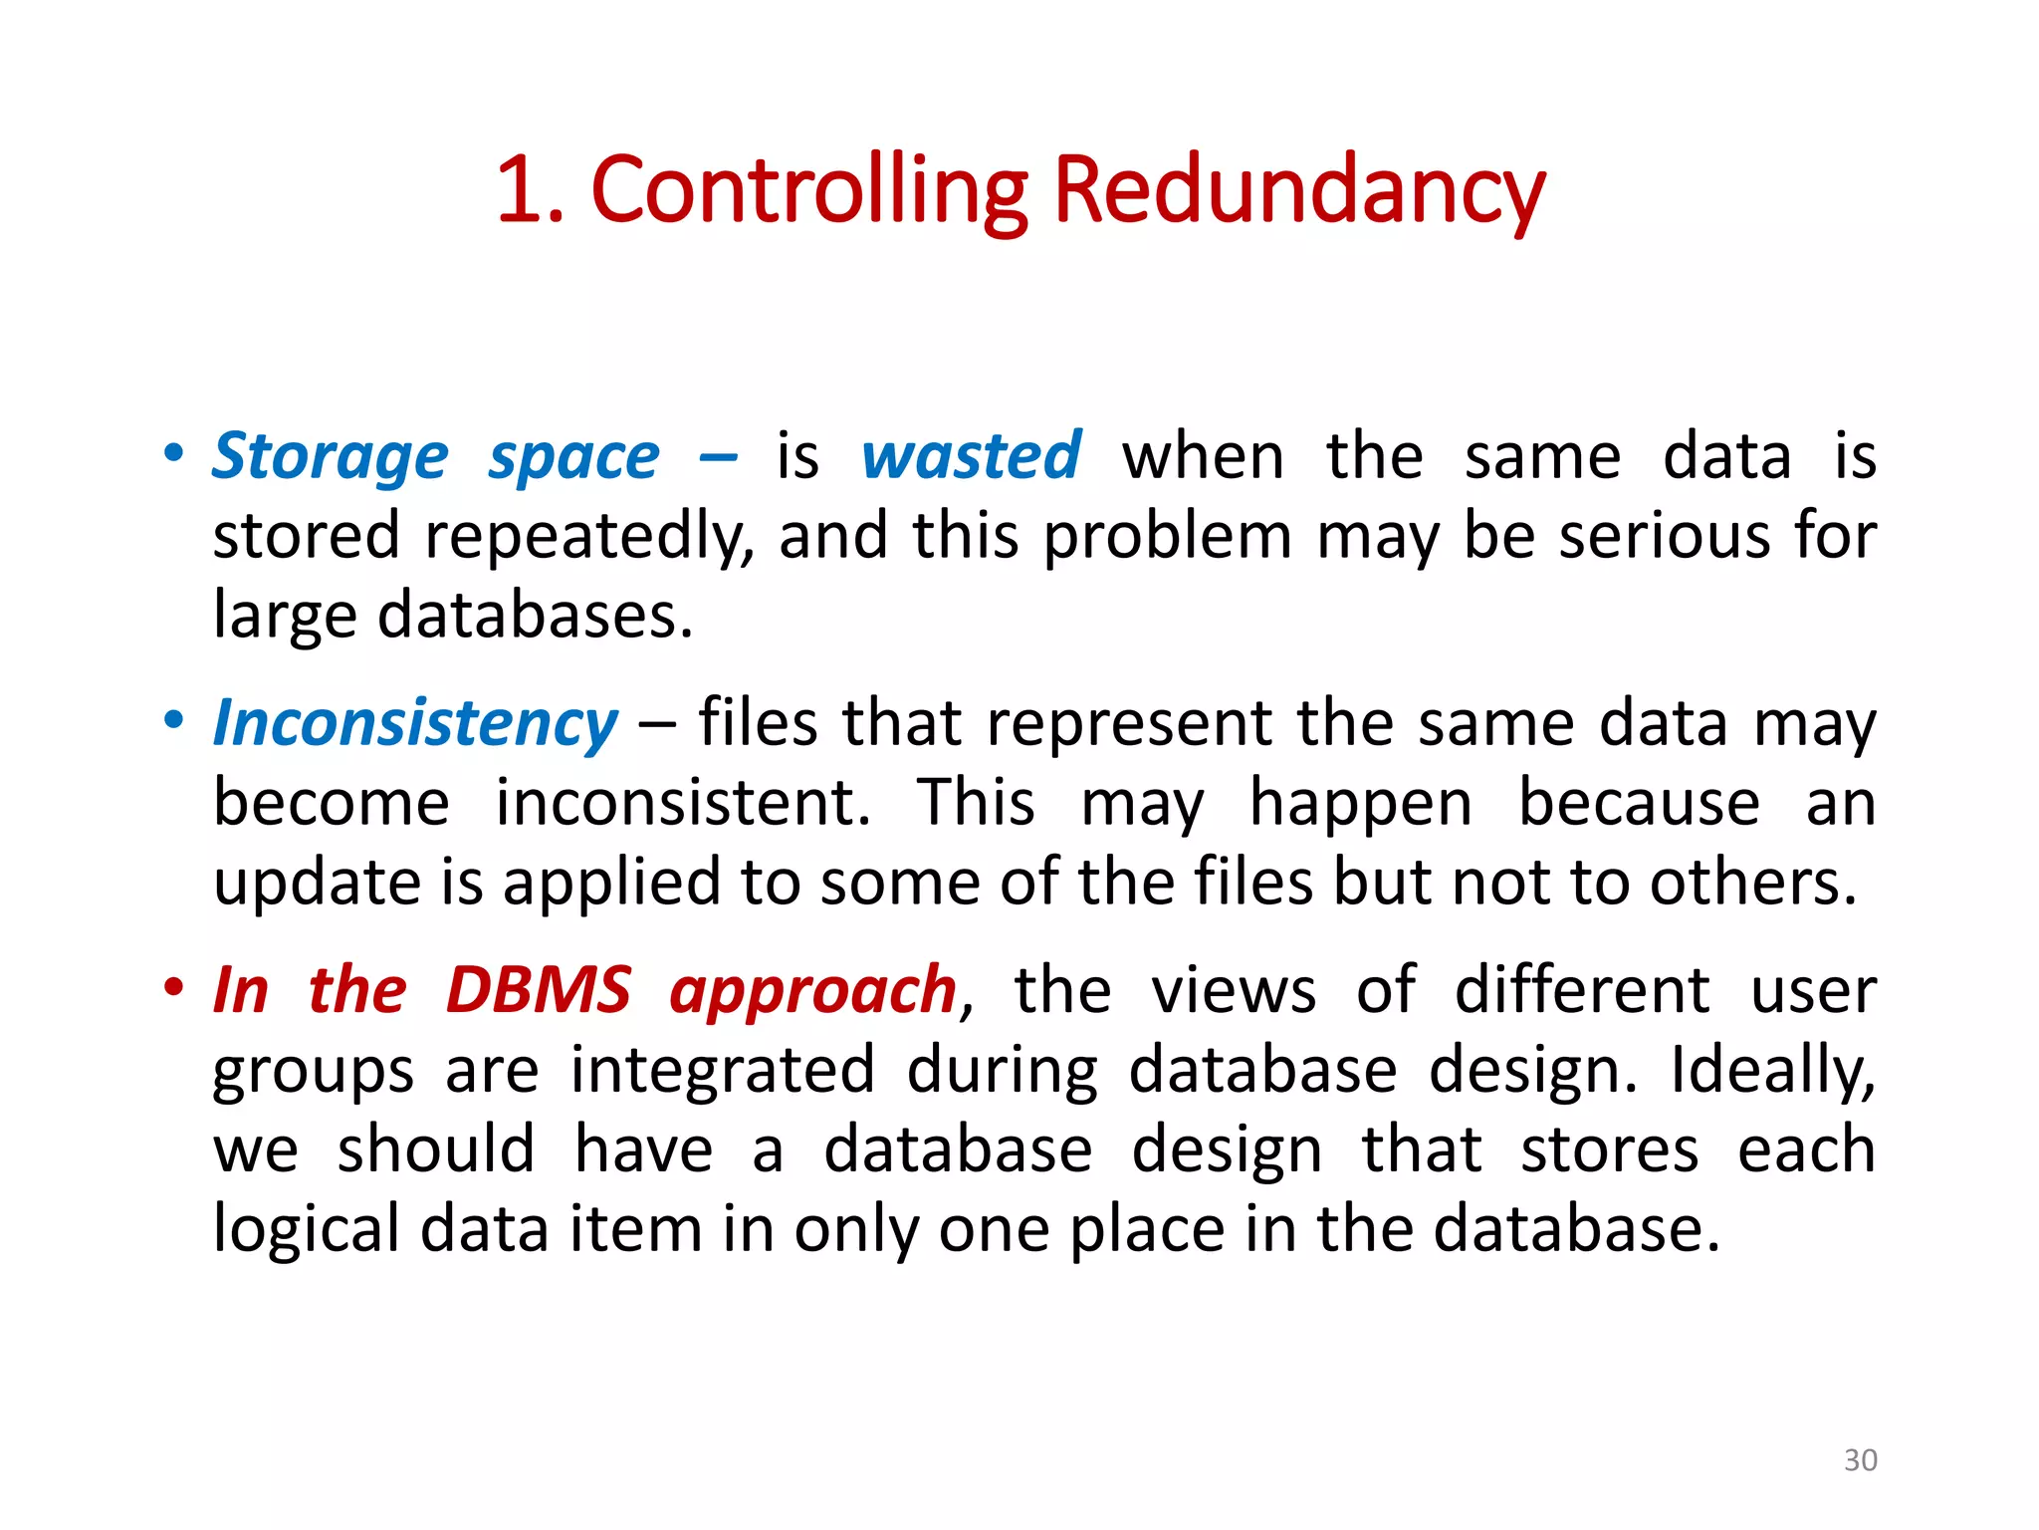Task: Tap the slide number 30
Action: click(x=1860, y=1459)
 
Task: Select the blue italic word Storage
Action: click(x=330, y=457)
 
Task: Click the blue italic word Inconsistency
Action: click(x=415, y=723)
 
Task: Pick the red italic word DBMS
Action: click(x=538, y=990)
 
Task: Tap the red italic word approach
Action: click(x=812, y=992)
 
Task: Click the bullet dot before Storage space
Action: click(x=174, y=453)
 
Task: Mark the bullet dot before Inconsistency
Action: click(x=174, y=719)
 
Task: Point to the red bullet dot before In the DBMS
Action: click(x=174, y=987)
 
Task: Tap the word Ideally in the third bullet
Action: click(x=1772, y=1071)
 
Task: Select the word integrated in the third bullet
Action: click(x=722, y=1071)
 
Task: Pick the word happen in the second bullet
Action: click(x=1360, y=804)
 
